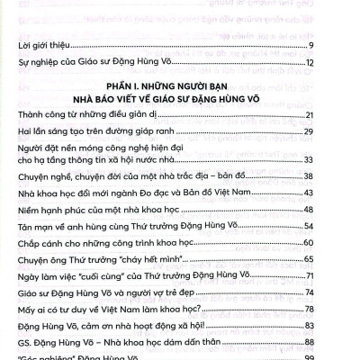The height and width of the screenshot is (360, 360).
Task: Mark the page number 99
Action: coord(332,357)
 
